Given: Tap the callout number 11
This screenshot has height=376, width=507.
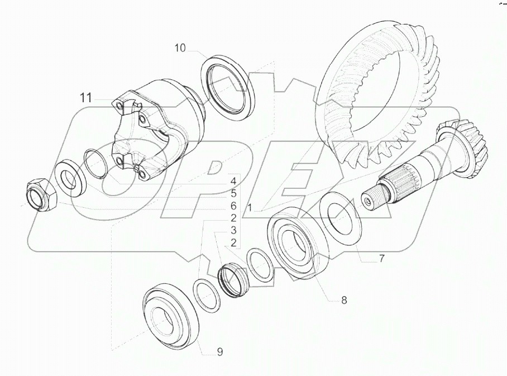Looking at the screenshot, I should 85,98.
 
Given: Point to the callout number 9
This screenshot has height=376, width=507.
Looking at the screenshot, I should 220,351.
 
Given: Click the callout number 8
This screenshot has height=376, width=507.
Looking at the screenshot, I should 344,300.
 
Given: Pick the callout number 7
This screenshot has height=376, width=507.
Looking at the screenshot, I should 381,258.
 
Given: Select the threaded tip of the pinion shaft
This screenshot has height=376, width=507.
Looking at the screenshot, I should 371,199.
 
